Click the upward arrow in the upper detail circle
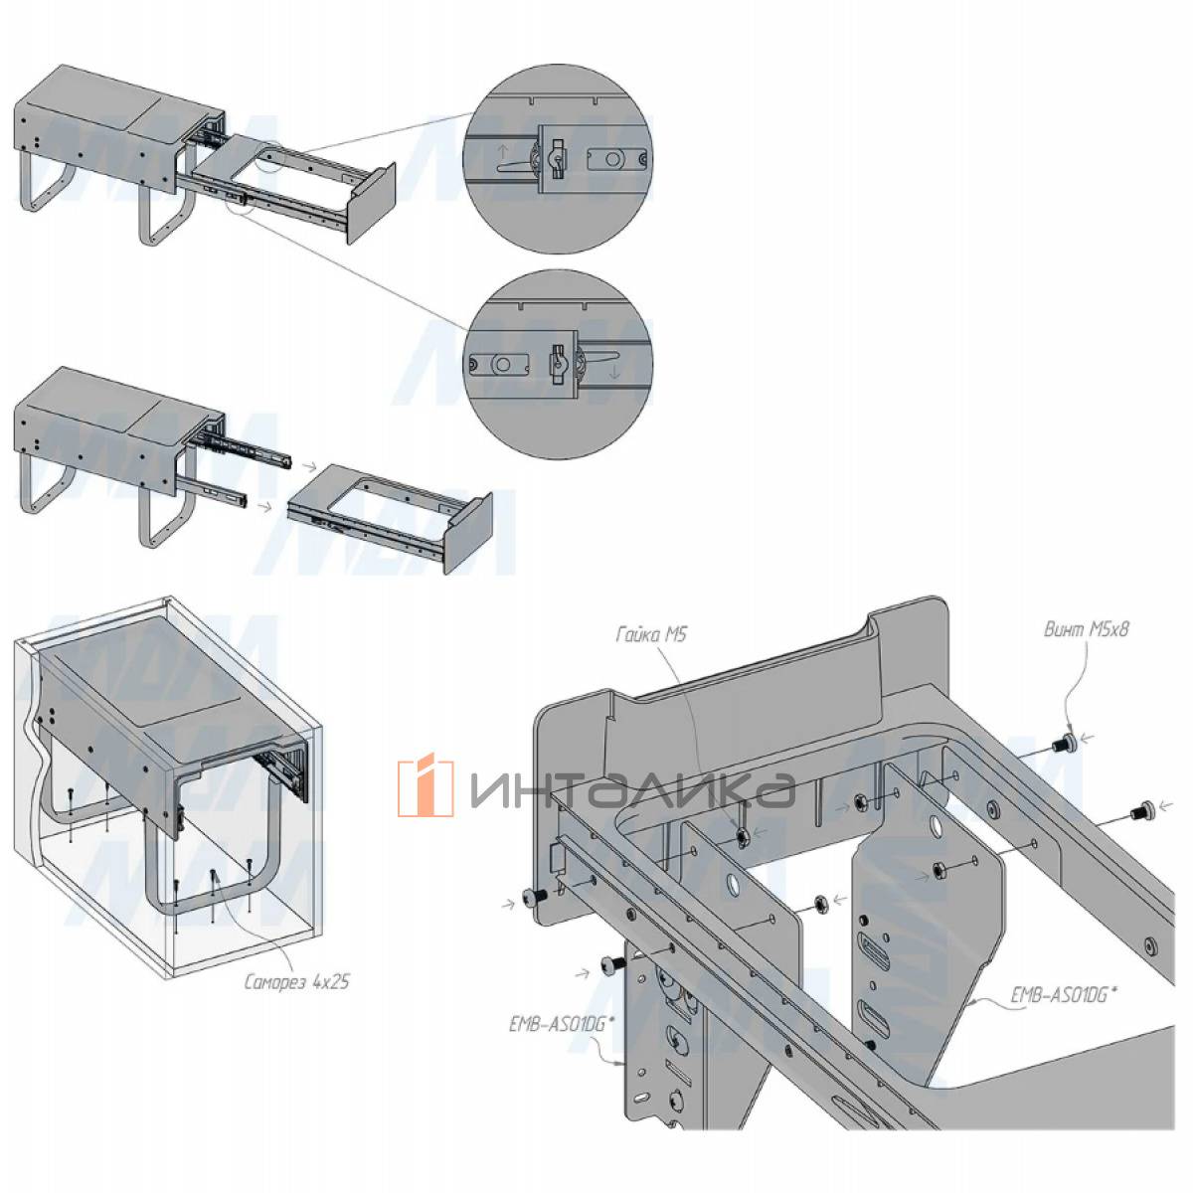click(x=504, y=152)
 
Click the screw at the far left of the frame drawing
click(x=536, y=898)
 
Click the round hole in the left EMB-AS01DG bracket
click(x=731, y=885)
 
